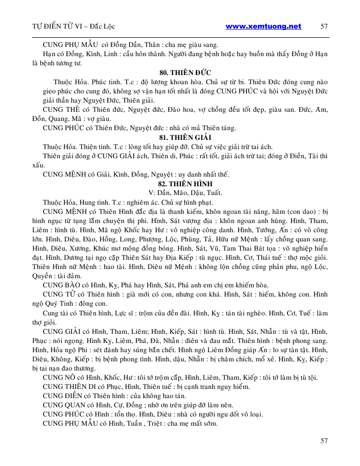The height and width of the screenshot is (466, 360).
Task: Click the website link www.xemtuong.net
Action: (x=263, y=26)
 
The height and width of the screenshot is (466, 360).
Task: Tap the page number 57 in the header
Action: (x=324, y=26)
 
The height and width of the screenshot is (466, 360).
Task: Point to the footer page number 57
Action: (x=323, y=440)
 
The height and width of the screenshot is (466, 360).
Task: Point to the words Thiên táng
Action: (x=218, y=128)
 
